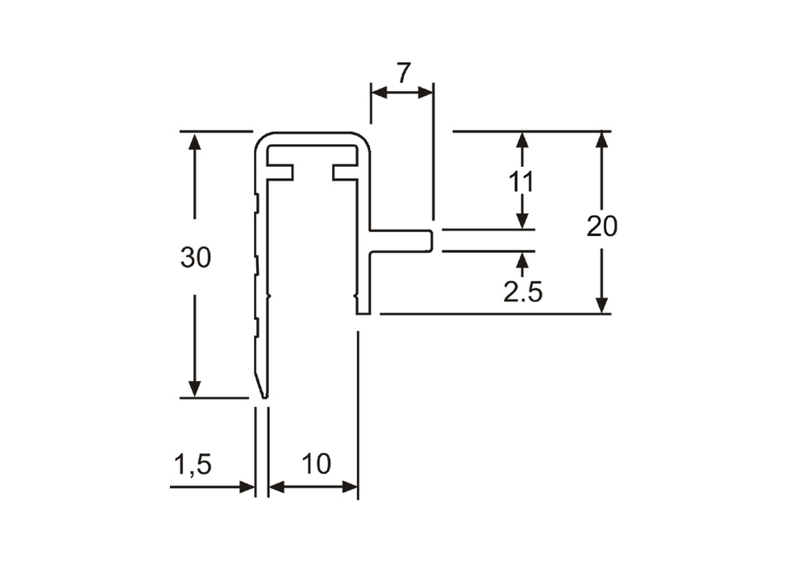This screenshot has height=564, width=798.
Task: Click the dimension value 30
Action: (x=195, y=257)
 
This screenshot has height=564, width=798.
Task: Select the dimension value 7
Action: (x=403, y=73)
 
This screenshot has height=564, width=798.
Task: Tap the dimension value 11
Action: (x=522, y=181)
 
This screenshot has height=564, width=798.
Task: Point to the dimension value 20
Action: (x=602, y=226)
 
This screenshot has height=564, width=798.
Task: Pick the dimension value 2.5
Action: (x=523, y=292)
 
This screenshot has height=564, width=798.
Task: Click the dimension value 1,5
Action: (x=193, y=465)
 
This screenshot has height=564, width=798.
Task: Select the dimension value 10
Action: (x=316, y=464)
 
